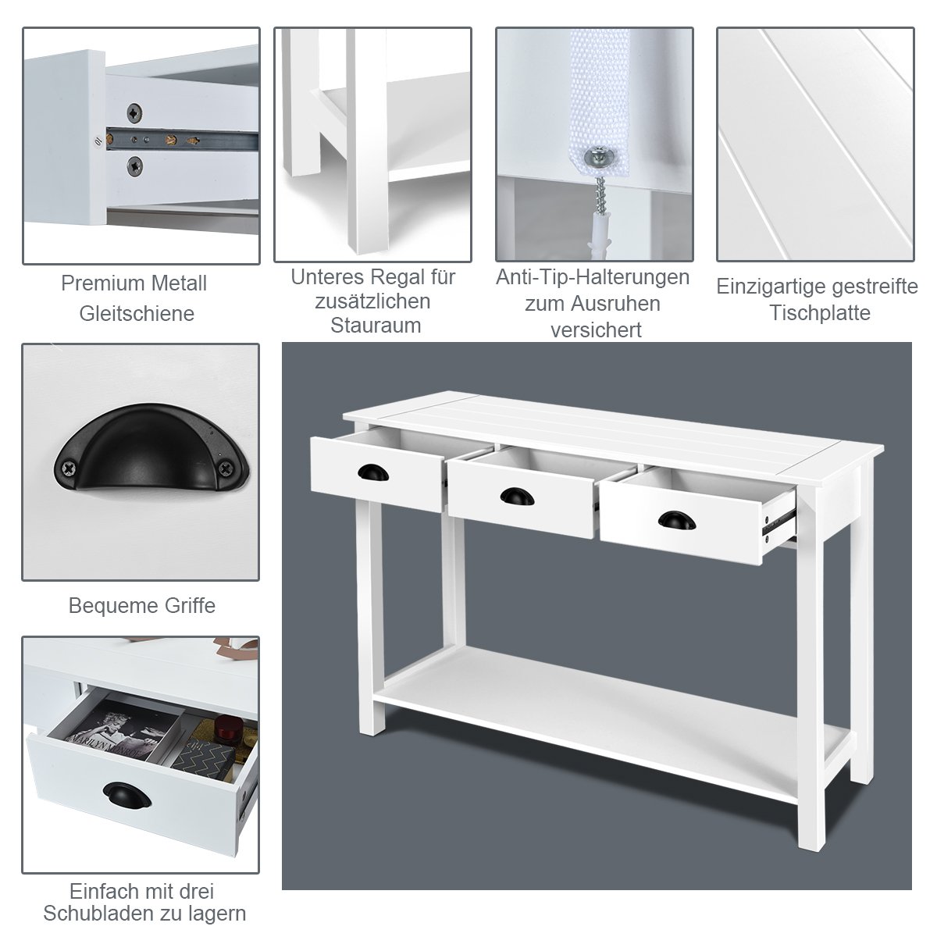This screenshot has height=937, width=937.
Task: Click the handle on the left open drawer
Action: point(373,472)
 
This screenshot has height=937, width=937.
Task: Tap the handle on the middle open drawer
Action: point(517,496)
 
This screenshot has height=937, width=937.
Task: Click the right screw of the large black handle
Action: point(226,468)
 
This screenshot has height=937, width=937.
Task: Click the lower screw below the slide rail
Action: point(134,166)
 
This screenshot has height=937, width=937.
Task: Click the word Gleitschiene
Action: point(137,314)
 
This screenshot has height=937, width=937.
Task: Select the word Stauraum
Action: point(376,326)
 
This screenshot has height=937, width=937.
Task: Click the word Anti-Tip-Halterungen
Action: point(593,277)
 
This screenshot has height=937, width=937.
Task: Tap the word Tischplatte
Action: point(820,312)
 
